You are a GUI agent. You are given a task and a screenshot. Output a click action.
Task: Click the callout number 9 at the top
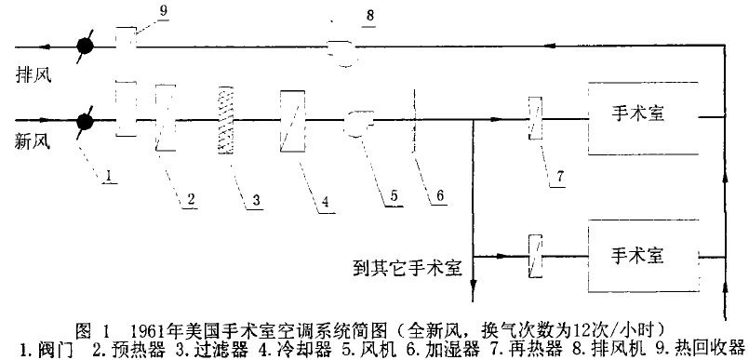(x=164, y=11)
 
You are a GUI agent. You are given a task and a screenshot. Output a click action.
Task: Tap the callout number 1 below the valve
(x=110, y=176)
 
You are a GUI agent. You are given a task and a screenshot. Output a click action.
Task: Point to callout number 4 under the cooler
(x=325, y=201)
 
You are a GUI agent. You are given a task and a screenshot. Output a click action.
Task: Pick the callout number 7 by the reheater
(x=558, y=177)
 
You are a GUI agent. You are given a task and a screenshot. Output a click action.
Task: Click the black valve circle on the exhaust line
(x=86, y=47)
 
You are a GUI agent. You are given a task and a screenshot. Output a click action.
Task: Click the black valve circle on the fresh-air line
(x=85, y=121)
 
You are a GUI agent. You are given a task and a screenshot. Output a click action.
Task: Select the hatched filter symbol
(x=225, y=120)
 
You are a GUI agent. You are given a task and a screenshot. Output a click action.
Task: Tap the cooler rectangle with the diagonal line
(x=292, y=121)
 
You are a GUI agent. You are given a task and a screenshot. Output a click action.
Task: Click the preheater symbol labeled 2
(x=166, y=118)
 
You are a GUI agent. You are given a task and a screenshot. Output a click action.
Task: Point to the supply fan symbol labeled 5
(x=359, y=123)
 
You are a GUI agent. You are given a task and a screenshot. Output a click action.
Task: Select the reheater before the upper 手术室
(x=535, y=118)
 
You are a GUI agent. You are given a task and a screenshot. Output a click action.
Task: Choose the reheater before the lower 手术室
(x=535, y=257)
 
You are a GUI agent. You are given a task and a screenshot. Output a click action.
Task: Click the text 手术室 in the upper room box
(x=637, y=114)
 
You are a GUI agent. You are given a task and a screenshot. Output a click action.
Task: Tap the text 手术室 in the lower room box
(x=637, y=257)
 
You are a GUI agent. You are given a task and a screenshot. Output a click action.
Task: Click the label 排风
(x=33, y=76)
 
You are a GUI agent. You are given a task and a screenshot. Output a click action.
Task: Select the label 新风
(x=33, y=142)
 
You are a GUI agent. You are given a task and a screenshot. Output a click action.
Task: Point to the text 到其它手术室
(x=408, y=268)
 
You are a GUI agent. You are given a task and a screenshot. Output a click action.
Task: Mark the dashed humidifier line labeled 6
(x=414, y=120)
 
